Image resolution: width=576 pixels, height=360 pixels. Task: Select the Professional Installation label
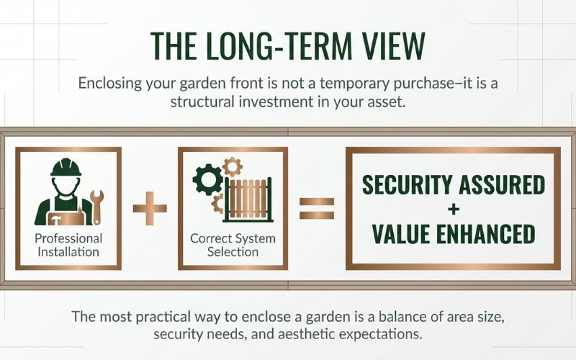coord(68,245)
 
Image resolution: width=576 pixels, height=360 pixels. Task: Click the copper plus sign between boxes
coord(150,209)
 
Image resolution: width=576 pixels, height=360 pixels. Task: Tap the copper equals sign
coord(317,209)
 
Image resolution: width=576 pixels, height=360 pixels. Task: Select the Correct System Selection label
coord(233,245)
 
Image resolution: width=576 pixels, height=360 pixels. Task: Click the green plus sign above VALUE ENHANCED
coord(453,210)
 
